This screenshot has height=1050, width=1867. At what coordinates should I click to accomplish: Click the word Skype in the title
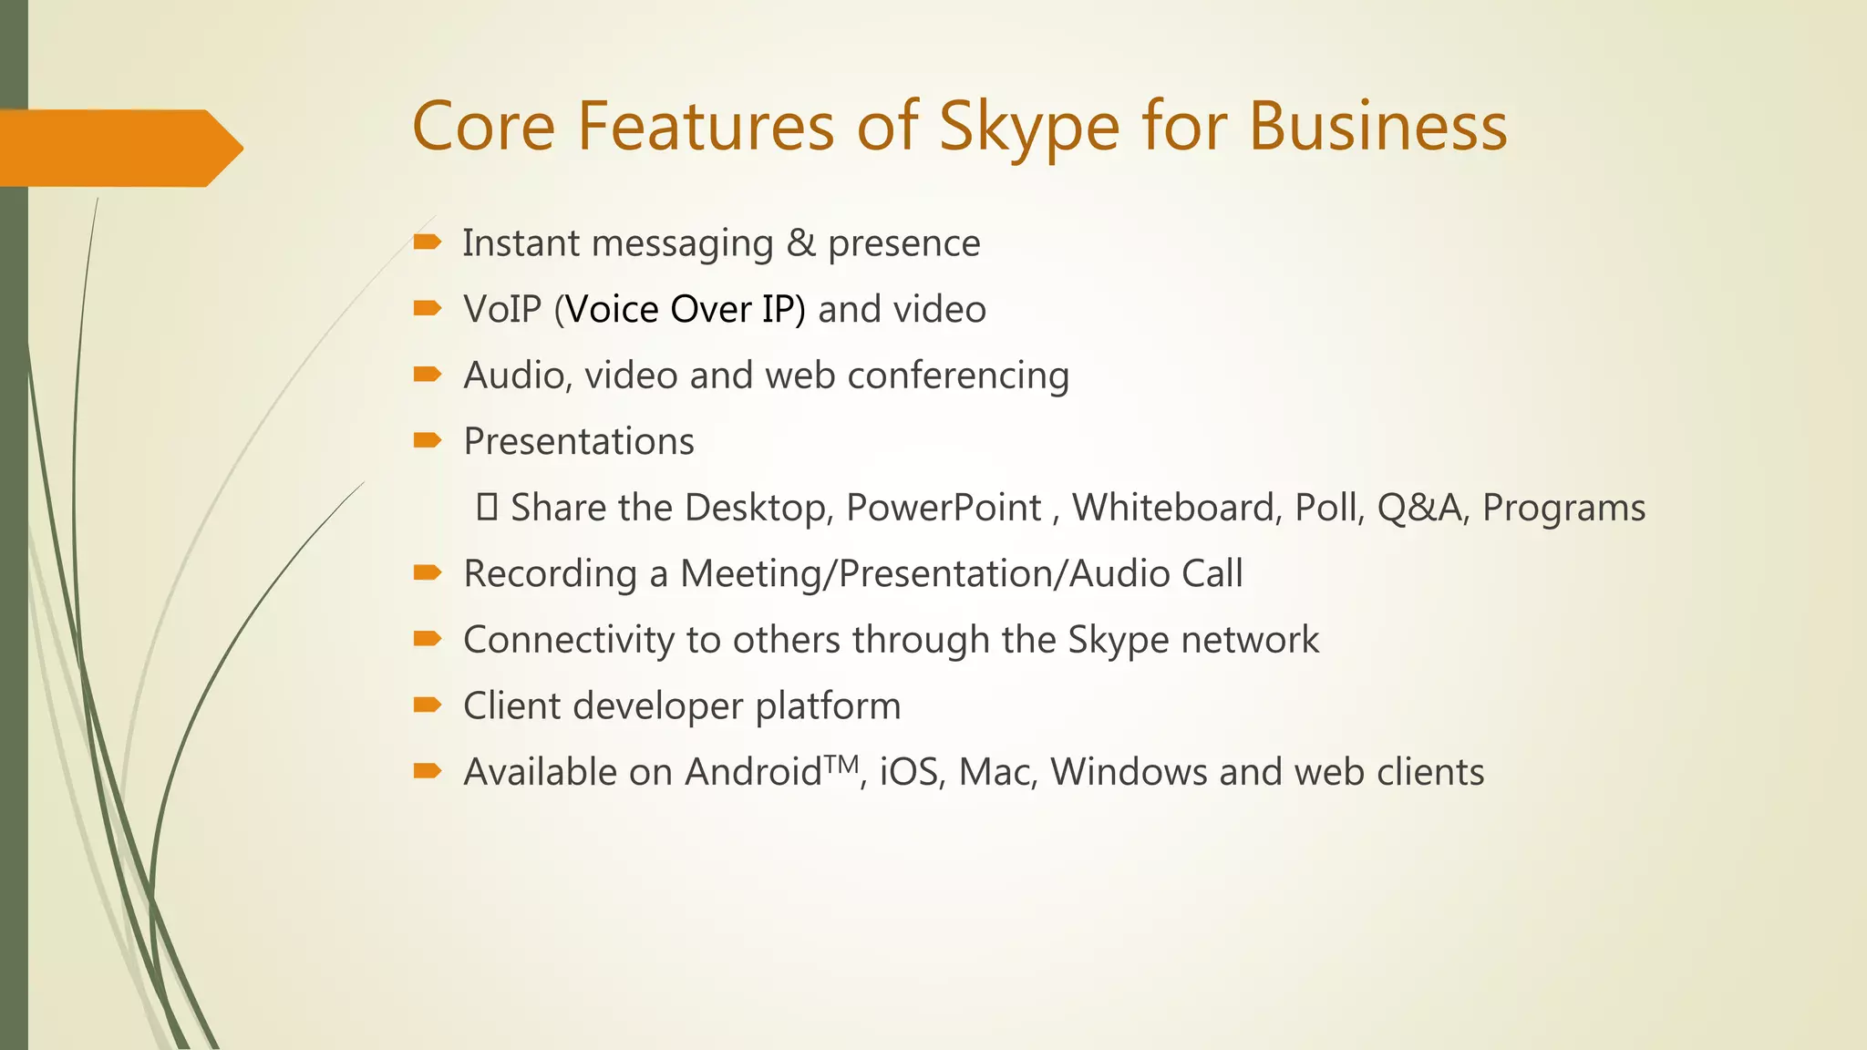pyautogui.click(x=1028, y=128)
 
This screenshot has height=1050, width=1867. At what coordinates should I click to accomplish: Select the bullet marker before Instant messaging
pyautogui.click(x=427, y=242)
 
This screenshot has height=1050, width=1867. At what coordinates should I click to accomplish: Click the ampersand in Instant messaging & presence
pyautogui.click(x=800, y=243)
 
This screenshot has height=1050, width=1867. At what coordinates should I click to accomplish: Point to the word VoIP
pyautogui.click(x=502, y=310)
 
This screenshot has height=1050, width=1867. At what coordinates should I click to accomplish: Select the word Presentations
pyautogui.click(x=579, y=442)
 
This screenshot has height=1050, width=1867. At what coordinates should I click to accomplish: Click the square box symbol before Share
pyautogui.click(x=487, y=507)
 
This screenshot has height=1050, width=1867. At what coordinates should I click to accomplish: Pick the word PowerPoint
pyautogui.click(x=943, y=508)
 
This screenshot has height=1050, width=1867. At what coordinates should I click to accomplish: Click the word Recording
pyautogui.click(x=550, y=574)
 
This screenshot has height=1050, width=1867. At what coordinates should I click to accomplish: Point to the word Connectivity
pyautogui.click(x=568, y=640)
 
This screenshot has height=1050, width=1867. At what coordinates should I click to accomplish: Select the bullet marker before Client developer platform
pyautogui.click(x=427, y=705)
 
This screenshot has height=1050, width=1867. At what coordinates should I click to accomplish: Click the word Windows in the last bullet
pyautogui.click(x=1129, y=772)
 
